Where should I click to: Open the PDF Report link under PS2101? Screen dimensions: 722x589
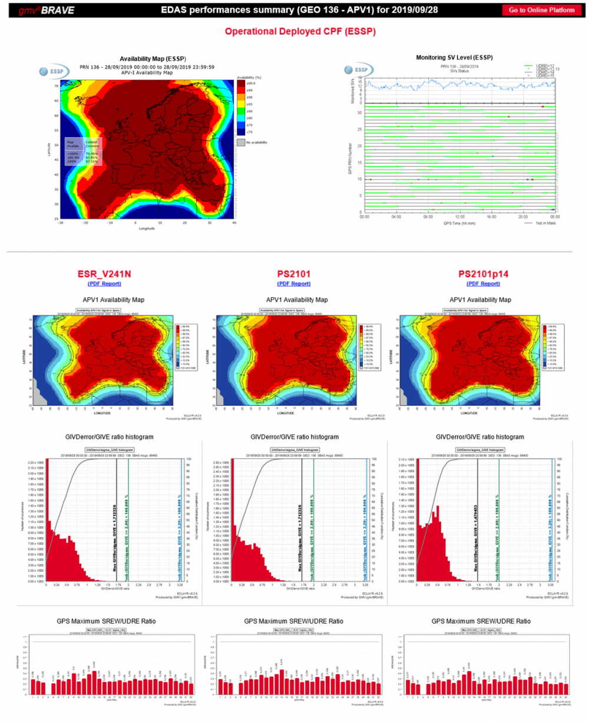point(294,284)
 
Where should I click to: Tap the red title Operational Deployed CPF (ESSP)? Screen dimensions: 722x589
point(300,31)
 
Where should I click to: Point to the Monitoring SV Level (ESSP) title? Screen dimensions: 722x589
point(454,57)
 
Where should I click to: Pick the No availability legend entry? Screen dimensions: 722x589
point(254,143)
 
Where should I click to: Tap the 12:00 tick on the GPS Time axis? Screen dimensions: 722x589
point(459,216)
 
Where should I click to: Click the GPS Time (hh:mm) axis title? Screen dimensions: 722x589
point(459,223)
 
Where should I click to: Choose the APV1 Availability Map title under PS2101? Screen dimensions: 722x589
point(298,300)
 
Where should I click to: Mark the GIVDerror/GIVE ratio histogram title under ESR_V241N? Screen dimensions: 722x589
point(111,437)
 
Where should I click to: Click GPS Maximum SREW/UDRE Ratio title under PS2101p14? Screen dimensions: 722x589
point(481,621)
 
